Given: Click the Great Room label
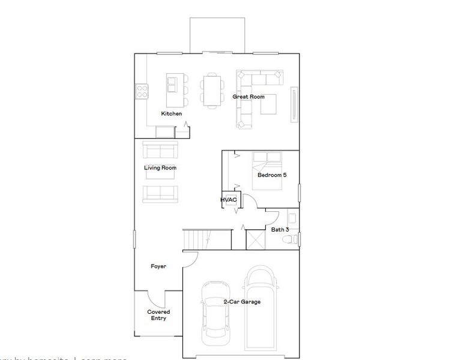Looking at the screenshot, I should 248,97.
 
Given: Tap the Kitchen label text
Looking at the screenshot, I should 171,113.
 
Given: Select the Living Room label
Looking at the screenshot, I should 160,168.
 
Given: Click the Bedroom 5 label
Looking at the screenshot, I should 272,176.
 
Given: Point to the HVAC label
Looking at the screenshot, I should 229,200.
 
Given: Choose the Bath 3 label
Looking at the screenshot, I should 280,230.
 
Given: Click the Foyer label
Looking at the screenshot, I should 158,266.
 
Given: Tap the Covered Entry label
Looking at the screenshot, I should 158,315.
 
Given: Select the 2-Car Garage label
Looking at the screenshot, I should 242,302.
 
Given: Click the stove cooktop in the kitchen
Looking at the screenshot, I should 142,91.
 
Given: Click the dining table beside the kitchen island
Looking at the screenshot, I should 212,91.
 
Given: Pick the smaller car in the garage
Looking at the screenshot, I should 214,312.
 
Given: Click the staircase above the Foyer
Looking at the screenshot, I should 196,238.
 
